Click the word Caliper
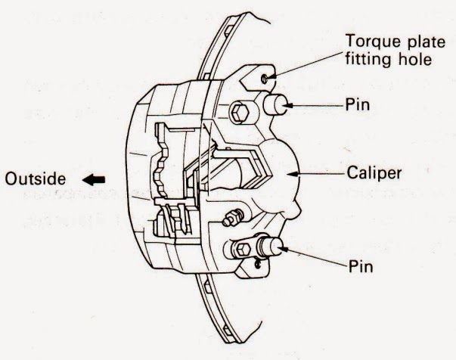[x=379, y=173]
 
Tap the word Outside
[x=30, y=180]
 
